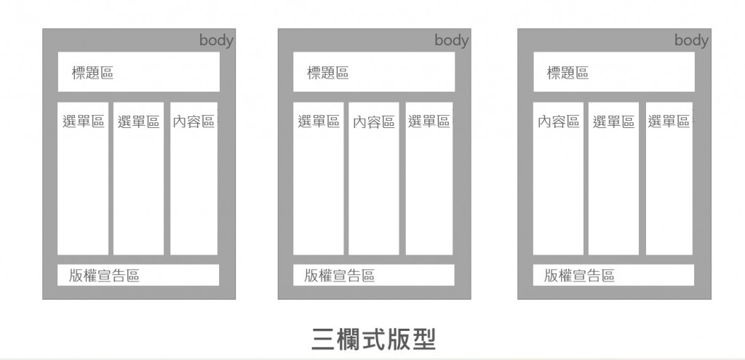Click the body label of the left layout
(x=216, y=41)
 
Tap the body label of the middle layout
(x=451, y=41)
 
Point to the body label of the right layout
(x=691, y=41)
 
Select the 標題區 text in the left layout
(x=92, y=73)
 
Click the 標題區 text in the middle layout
(x=327, y=73)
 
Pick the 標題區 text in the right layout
(x=567, y=73)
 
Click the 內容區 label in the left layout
(x=194, y=121)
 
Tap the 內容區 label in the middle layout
(x=373, y=121)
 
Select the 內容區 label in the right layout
(x=558, y=121)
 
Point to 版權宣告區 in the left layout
(x=104, y=276)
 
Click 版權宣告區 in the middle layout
(x=339, y=276)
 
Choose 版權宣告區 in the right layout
(x=579, y=276)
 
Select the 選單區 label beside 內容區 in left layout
(x=138, y=121)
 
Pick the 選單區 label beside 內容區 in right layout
(x=613, y=121)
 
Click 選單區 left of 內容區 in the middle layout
(x=319, y=121)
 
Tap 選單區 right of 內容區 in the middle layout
(x=429, y=121)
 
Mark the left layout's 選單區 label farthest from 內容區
(x=84, y=121)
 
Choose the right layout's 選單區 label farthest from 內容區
(x=669, y=121)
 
